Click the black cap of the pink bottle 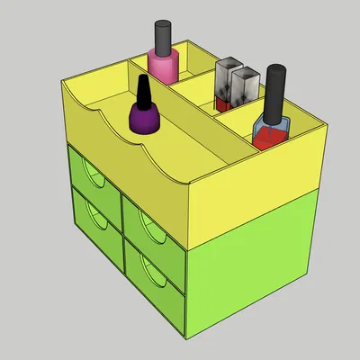point(162,37)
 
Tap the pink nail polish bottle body point(163,68)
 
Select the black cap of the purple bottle point(143,91)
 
